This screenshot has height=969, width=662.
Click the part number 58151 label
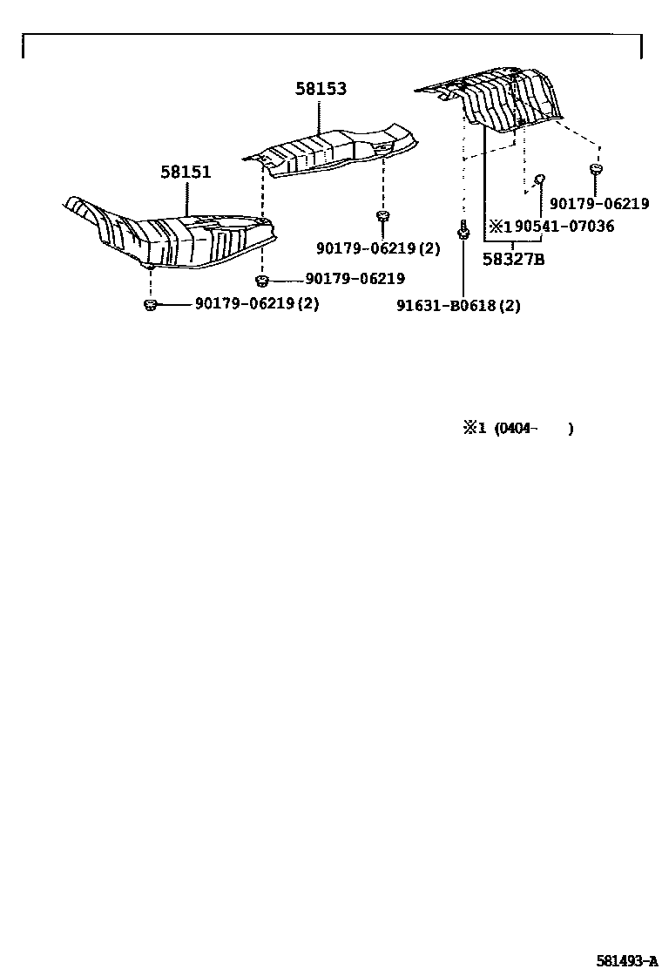click(185, 172)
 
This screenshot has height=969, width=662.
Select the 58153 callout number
click(320, 88)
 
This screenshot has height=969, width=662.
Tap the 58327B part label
click(513, 258)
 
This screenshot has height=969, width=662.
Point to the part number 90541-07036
click(564, 227)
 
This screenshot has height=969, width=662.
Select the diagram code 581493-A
click(626, 960)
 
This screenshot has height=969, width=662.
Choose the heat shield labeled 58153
click(335, 152)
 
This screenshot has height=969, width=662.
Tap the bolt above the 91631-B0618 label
click(463, 231)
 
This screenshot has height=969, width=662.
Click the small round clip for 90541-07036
click(539, 179)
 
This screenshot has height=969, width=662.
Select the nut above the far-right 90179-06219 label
click(596, 168)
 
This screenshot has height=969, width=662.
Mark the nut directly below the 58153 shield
click(382, 215)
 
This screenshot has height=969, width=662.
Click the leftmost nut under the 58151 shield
click(149, 304)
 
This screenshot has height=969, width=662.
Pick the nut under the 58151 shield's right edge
click(261, 280)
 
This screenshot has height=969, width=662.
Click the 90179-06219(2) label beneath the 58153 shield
click(378, 248)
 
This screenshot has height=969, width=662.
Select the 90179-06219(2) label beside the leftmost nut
click(256, 304)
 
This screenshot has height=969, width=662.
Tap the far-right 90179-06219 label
click(599, 204)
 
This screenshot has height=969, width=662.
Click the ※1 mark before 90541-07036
click(500, 227)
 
